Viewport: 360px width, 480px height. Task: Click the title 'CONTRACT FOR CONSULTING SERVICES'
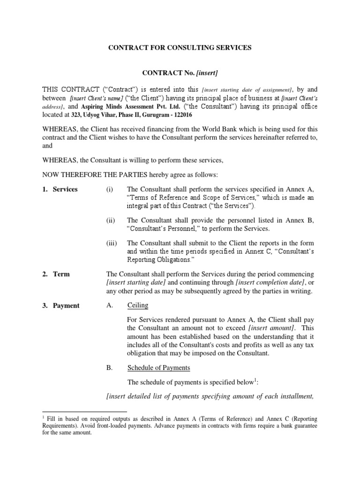pyautogui.click(x=180, y=47)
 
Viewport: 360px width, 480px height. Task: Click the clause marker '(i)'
pyautogui.click(x=110, y=189)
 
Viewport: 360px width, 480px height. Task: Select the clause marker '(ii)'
pyautogui.click(x=110, y=220)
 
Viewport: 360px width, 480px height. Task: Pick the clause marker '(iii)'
pyautogui.click(x=111, y=243)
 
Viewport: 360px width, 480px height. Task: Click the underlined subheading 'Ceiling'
pyautogui.click(x=138, y=306)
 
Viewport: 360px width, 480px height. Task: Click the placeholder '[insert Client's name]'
pyautogui.click(x=97, y=98)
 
